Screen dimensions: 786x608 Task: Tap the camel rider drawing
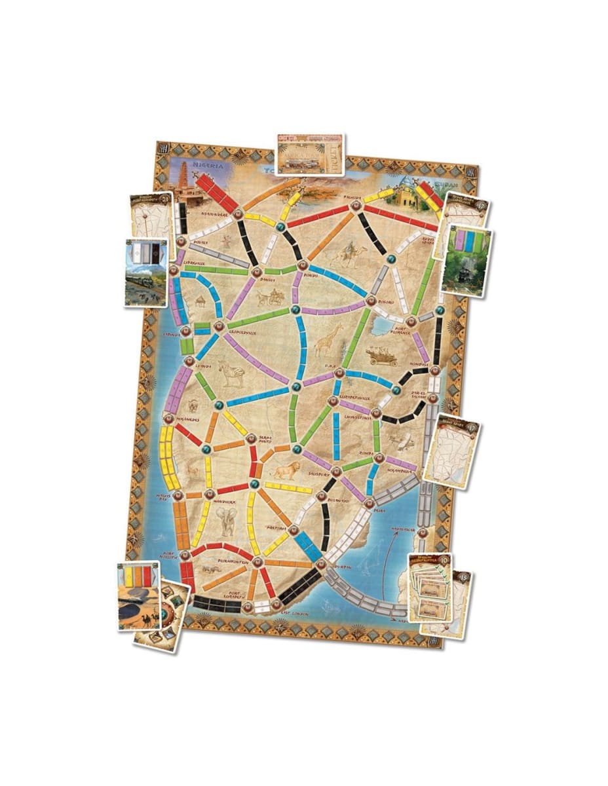(354, 252)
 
